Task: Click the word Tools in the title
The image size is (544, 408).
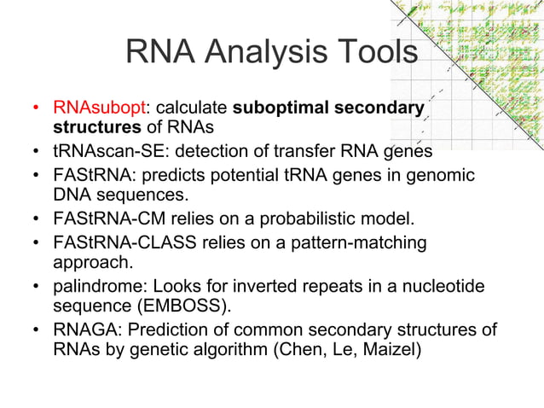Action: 373,53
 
